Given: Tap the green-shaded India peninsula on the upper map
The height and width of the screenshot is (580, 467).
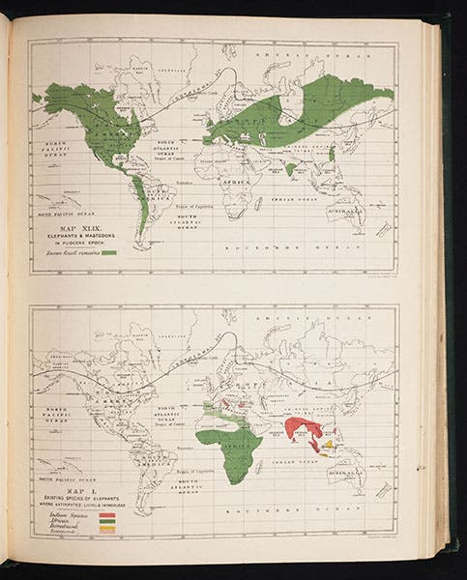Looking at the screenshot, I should pos(290,168).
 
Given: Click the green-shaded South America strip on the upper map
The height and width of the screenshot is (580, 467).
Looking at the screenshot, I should pos(142,208).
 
